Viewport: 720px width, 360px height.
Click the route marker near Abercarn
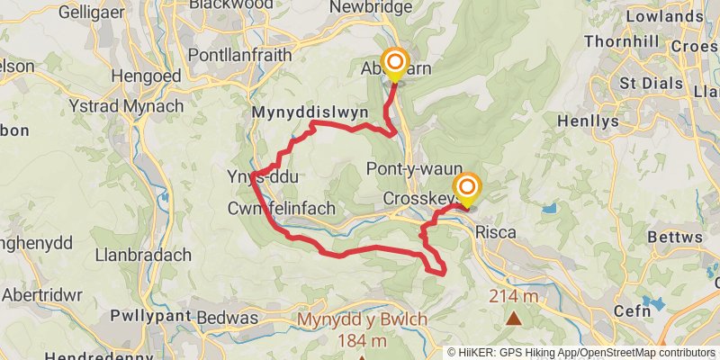coord(394,64)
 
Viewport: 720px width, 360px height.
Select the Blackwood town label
coord(228,5)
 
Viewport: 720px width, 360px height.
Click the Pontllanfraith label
coord(240,55)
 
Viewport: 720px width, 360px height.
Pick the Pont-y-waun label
coord(415,168)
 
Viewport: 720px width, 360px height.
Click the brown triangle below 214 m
coord(514,317)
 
